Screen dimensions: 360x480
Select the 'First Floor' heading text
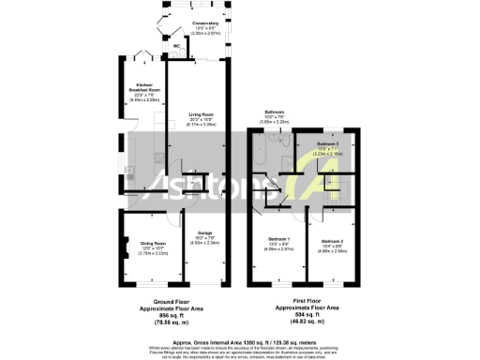pyautogui.click(x=299, y=302)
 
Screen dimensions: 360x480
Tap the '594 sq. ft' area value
pyautogui.click(x=299, y=313)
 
